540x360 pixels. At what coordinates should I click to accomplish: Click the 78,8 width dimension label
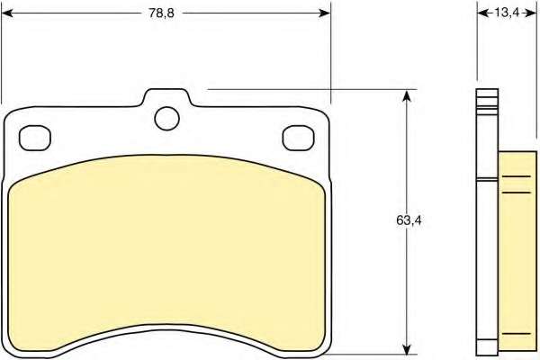(161, 13)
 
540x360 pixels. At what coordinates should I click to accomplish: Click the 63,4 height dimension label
(409, 220)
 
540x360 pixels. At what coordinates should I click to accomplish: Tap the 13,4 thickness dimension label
(507, 13)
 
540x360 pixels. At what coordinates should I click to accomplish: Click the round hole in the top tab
(167, 119)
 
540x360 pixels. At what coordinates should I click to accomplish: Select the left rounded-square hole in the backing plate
(35, 138)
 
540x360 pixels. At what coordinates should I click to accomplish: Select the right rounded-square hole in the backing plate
(298, 138)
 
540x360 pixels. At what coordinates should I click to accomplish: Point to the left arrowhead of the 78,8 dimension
(7, 13)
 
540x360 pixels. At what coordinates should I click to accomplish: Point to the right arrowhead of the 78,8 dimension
(324, 13)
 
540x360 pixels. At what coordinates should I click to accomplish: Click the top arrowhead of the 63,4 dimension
(407, 95)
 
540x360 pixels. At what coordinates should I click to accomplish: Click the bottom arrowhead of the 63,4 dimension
(407, 348)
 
